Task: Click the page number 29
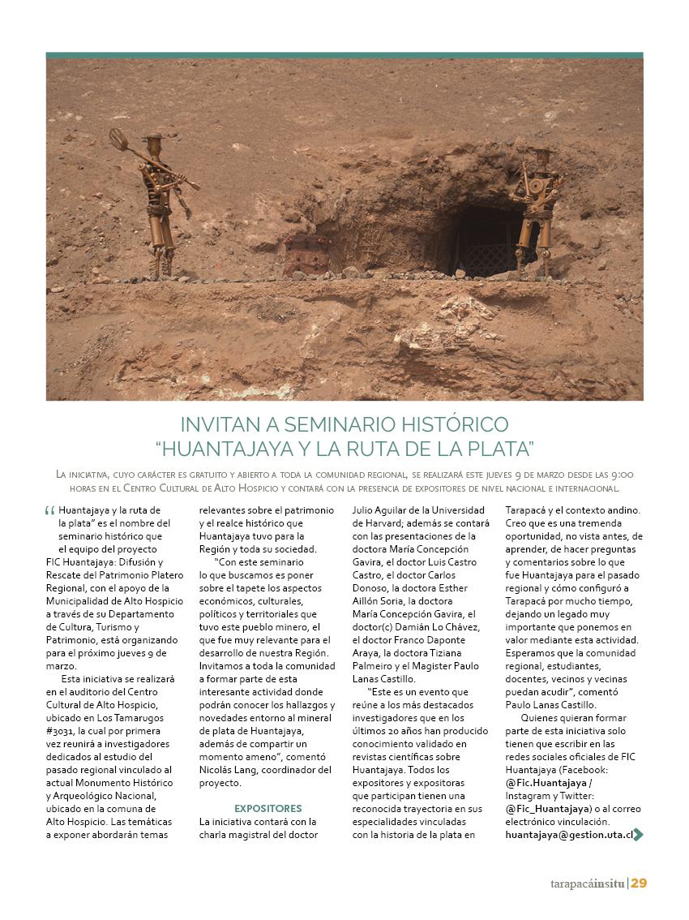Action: [x=639, y=883]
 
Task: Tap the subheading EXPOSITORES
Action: [x=267, y=808]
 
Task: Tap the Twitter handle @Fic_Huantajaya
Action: [x=546, y=808]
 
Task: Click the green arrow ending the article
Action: [x=639, y=834]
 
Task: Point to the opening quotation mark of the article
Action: [x=50, y=513]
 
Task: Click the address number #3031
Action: [x=60, y=731]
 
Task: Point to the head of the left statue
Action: [x=152, y=144]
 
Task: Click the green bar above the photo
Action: [x=344, y=55]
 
